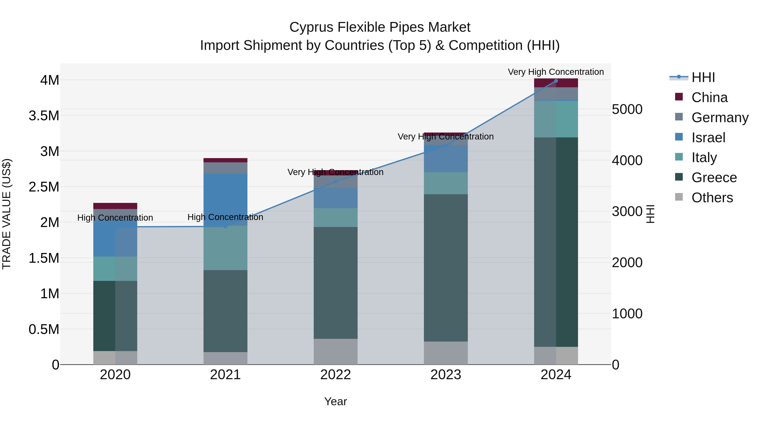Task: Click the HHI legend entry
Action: point(703,77)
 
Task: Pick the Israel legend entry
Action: point(708,138)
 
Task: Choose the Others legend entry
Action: point(712,198)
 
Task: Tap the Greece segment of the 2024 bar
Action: point(556,242)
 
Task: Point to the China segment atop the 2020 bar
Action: point(115,206)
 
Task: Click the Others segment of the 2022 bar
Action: point(335,351)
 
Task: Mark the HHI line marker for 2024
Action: point(556,81)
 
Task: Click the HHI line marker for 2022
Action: point(335,181)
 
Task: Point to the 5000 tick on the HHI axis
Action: point(627,109)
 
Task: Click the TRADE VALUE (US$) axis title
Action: point(7,214)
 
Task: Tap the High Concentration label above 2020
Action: point(115,218)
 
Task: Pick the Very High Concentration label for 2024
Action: point(556,72)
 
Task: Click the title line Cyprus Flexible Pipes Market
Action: point(380,27)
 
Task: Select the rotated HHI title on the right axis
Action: point(650,214)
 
